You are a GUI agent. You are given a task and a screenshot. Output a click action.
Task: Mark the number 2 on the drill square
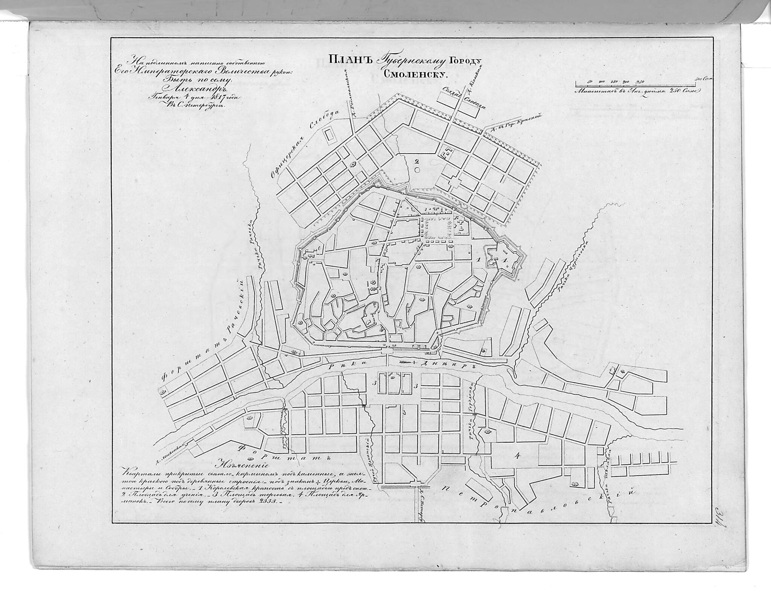point(416,161)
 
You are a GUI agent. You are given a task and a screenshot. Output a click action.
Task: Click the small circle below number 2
point(416,170)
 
